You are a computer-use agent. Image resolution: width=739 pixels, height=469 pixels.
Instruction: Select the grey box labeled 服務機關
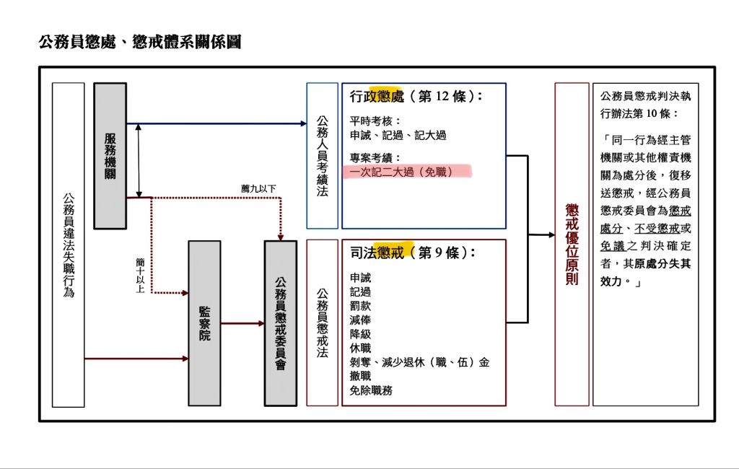(110, 155)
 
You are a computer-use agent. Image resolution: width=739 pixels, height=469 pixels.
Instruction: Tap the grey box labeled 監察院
(204, 323)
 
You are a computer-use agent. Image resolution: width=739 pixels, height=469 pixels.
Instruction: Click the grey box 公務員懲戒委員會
(281, 323)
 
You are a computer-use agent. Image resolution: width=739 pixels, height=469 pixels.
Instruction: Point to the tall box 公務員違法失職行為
(69, 245)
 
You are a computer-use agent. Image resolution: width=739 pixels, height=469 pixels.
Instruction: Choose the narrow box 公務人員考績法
(322, 155)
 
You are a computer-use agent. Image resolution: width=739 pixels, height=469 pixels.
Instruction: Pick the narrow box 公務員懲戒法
(322, 323)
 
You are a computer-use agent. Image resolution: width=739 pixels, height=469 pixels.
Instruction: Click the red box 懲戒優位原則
(572, 244)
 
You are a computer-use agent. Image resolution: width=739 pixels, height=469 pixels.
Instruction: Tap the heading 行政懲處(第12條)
(416, 97)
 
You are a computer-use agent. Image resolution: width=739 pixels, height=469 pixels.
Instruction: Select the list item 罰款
(360, 306)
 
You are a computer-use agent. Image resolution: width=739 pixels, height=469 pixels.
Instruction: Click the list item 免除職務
(371, 390)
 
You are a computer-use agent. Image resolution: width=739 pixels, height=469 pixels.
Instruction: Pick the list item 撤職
(360, 376)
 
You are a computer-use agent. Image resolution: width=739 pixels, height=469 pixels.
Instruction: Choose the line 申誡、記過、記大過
(398, 135)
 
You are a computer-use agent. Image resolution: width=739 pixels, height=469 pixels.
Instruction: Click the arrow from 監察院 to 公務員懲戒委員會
(242, 323)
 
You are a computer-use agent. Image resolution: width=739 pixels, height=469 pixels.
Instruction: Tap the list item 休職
(360, 348)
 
